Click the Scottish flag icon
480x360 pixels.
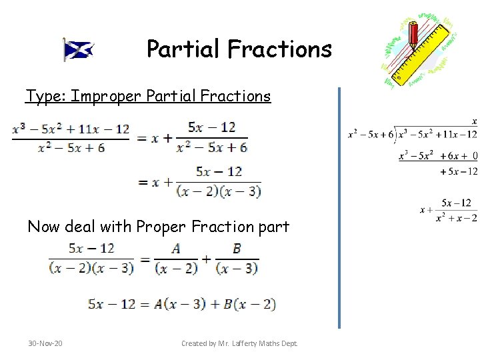click(x=78, y=49)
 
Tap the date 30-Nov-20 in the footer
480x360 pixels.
click(x=45, y=343)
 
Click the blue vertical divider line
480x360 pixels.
click(x=339, y=207)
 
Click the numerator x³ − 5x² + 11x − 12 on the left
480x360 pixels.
click(x=71, y=129)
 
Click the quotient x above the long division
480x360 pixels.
click(x=474, y=121)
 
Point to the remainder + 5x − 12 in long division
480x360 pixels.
click(x=459, y=171)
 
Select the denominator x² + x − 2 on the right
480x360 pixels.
click(x=456, y=218)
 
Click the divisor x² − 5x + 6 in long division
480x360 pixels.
click(x=370, y=135)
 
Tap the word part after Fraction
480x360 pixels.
click(x=272, y=227)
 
